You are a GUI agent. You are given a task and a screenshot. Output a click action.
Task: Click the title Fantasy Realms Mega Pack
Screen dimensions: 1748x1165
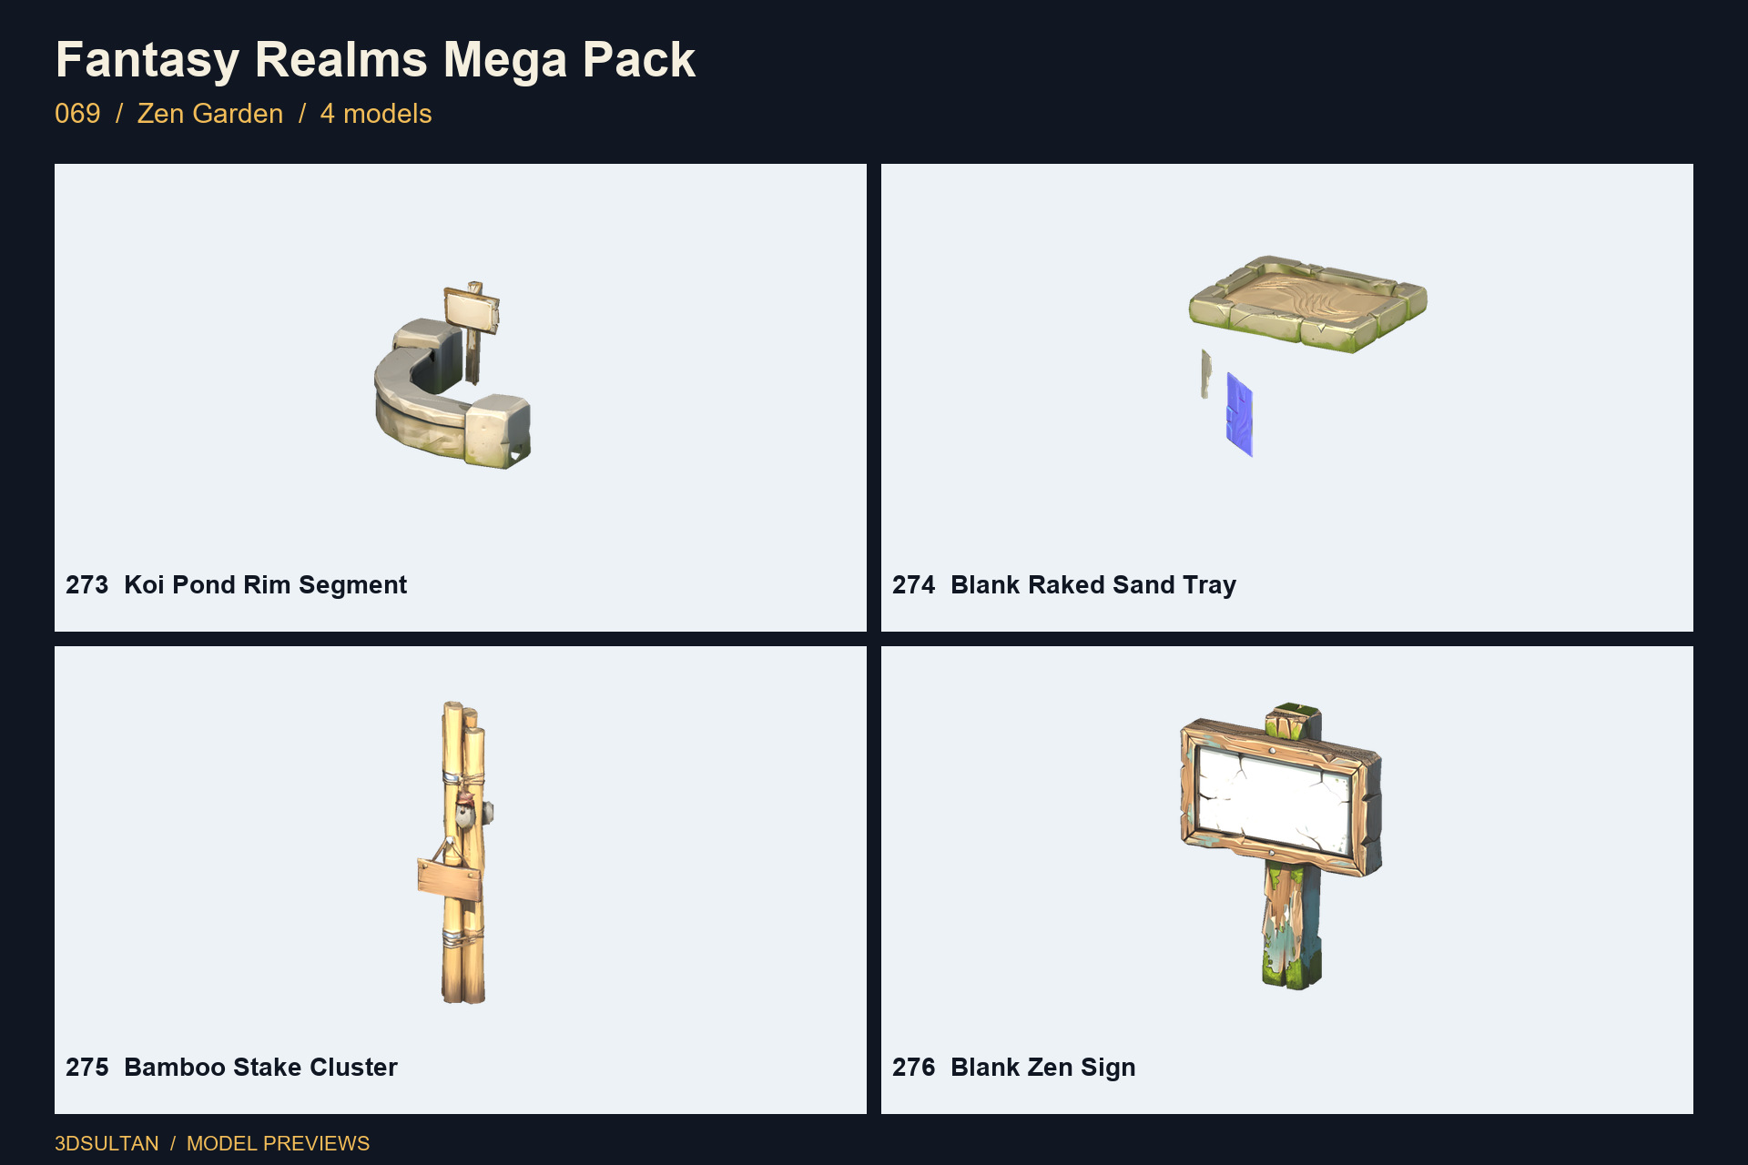(x=375, y=60)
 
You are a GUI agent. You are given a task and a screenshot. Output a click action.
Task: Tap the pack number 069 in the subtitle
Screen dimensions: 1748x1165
(x=77, y=114)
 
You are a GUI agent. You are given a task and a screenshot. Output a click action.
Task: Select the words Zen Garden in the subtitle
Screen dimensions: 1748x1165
(x=210, y=114)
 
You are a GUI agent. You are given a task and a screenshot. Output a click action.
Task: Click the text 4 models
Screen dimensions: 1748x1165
(x=376, y=114)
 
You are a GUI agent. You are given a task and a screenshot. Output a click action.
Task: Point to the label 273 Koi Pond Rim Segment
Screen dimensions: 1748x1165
(x=236, y=584)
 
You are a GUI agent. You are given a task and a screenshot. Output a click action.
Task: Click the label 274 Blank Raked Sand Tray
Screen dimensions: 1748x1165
(x=1064, y=584)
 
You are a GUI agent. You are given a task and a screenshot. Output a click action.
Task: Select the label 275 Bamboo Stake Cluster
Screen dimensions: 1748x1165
(x=231, y=1067)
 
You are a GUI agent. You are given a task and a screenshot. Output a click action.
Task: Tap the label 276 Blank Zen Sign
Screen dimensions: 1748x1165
(x=1014, y=1067)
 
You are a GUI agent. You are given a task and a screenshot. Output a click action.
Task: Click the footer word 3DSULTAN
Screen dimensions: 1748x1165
(x=107, y=1143)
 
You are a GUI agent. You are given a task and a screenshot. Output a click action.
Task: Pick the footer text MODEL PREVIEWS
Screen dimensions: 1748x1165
(x=278, y=1143)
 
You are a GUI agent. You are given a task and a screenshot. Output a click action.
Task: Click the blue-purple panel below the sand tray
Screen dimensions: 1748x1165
(x=1239, y=414)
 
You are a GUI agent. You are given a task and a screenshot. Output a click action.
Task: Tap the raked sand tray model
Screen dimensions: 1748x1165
(x=1307, y=303)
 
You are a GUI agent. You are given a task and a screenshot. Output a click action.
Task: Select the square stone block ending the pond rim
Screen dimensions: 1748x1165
(x=498, y=431)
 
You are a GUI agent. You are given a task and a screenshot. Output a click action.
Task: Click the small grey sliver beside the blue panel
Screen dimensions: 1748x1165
(x=1205, y=374)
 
